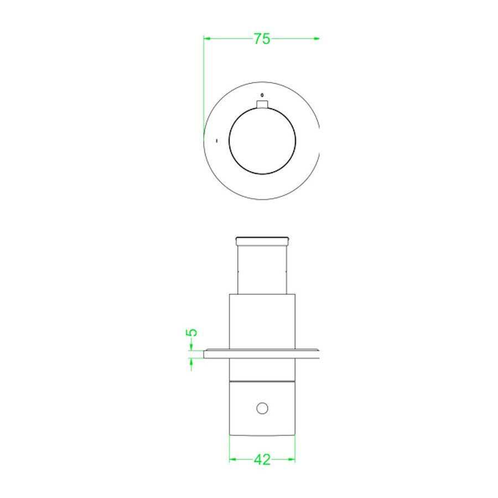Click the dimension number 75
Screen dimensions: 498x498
click(x=262, y=39)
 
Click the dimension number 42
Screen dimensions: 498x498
click(x=262, y=459)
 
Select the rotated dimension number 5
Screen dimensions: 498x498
click(x=191, y=333)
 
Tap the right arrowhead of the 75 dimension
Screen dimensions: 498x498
click(x=317, y=38)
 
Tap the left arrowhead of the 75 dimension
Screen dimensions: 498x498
click(x=207, y=38)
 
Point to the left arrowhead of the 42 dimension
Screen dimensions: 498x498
click(x=232, y=459)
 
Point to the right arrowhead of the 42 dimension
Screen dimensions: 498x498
click(x=292, y=459)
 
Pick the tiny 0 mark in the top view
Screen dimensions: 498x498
click(x=262, y=95)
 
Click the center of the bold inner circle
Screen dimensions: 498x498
click(x=262, y=141)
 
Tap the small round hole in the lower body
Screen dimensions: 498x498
click(x=262, y=408)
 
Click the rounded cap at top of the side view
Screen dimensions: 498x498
click(x=262, y=241)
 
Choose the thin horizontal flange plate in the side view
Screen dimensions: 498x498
click(x=262, y=354)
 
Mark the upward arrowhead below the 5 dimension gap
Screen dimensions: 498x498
click(x=191, y=361)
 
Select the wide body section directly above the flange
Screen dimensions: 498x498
click(x=262, y=321)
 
